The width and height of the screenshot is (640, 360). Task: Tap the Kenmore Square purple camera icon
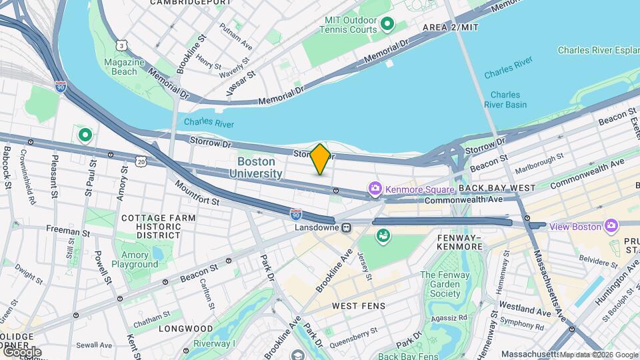point(375,189)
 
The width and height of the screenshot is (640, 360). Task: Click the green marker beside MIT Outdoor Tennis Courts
point(387,25)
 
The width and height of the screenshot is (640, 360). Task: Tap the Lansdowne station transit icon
point(346,227)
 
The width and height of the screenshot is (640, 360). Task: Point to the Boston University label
point(256,167)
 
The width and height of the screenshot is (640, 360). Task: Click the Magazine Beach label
point(124,67)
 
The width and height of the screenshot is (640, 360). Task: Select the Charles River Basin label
point(506,99)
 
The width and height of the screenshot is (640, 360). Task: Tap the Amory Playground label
point(135,260)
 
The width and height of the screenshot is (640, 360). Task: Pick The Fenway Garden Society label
point(445,284)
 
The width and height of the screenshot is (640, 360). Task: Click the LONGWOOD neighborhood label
point(185,329)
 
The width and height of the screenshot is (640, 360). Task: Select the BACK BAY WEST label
point(497,189)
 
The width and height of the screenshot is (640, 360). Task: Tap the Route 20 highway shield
point(141,161)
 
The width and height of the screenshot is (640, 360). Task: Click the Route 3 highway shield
point(121,45)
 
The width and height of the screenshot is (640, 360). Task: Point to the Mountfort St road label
point(197,193)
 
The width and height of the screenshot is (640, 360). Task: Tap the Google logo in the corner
point(21,351)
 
